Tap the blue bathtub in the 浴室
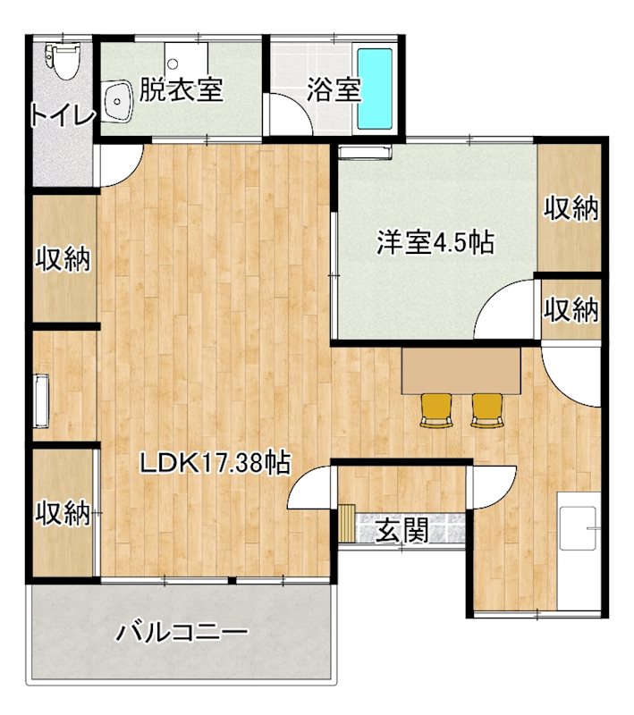376,88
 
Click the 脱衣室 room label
182,90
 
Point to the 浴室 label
333,90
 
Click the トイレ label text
61,116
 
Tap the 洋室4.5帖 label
434,242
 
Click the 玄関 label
399,531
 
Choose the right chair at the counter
487,408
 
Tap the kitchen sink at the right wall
577,530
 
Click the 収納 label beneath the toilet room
63,259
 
